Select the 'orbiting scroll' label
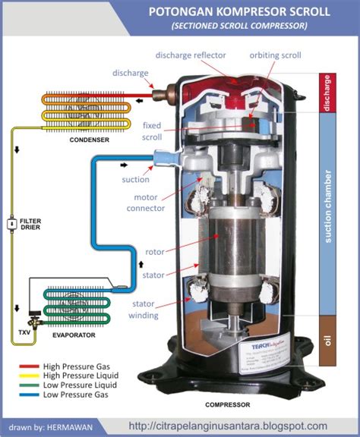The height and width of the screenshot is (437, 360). click(x=277, y=55)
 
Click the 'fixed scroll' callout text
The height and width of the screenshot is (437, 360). click(x=152, y=132)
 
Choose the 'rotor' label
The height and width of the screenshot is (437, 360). click(x=155, y=251)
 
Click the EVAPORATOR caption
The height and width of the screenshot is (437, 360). click(x=73, y=335)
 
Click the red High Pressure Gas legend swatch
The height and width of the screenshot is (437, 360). click(x=33, y=365)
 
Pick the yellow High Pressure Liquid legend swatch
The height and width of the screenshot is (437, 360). click(x=33, y=374)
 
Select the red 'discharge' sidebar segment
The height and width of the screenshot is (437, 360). click(x=327, y=93)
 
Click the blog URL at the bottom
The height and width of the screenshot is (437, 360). click(x=228, y=426)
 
